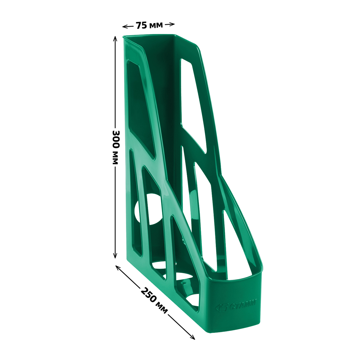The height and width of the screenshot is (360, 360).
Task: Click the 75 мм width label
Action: coord(149,25)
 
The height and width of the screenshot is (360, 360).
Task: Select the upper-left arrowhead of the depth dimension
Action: coord(118,268)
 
